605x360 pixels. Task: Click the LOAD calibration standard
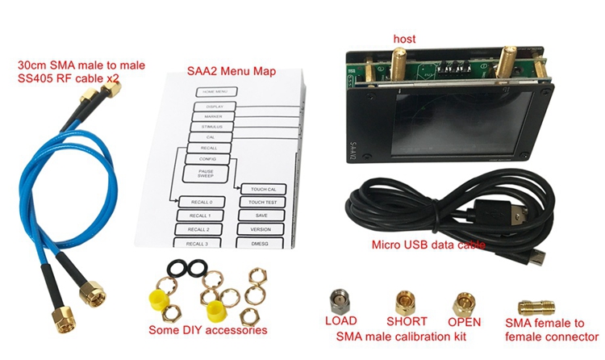[x=340, y=300]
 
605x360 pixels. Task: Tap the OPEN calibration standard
[x=464, y=303]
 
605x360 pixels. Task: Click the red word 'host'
[x=405, y=39]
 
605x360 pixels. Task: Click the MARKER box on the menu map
[x=214, y=117]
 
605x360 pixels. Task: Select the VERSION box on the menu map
[x=261, y=228]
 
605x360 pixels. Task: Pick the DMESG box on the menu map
[x=261, y=241]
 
